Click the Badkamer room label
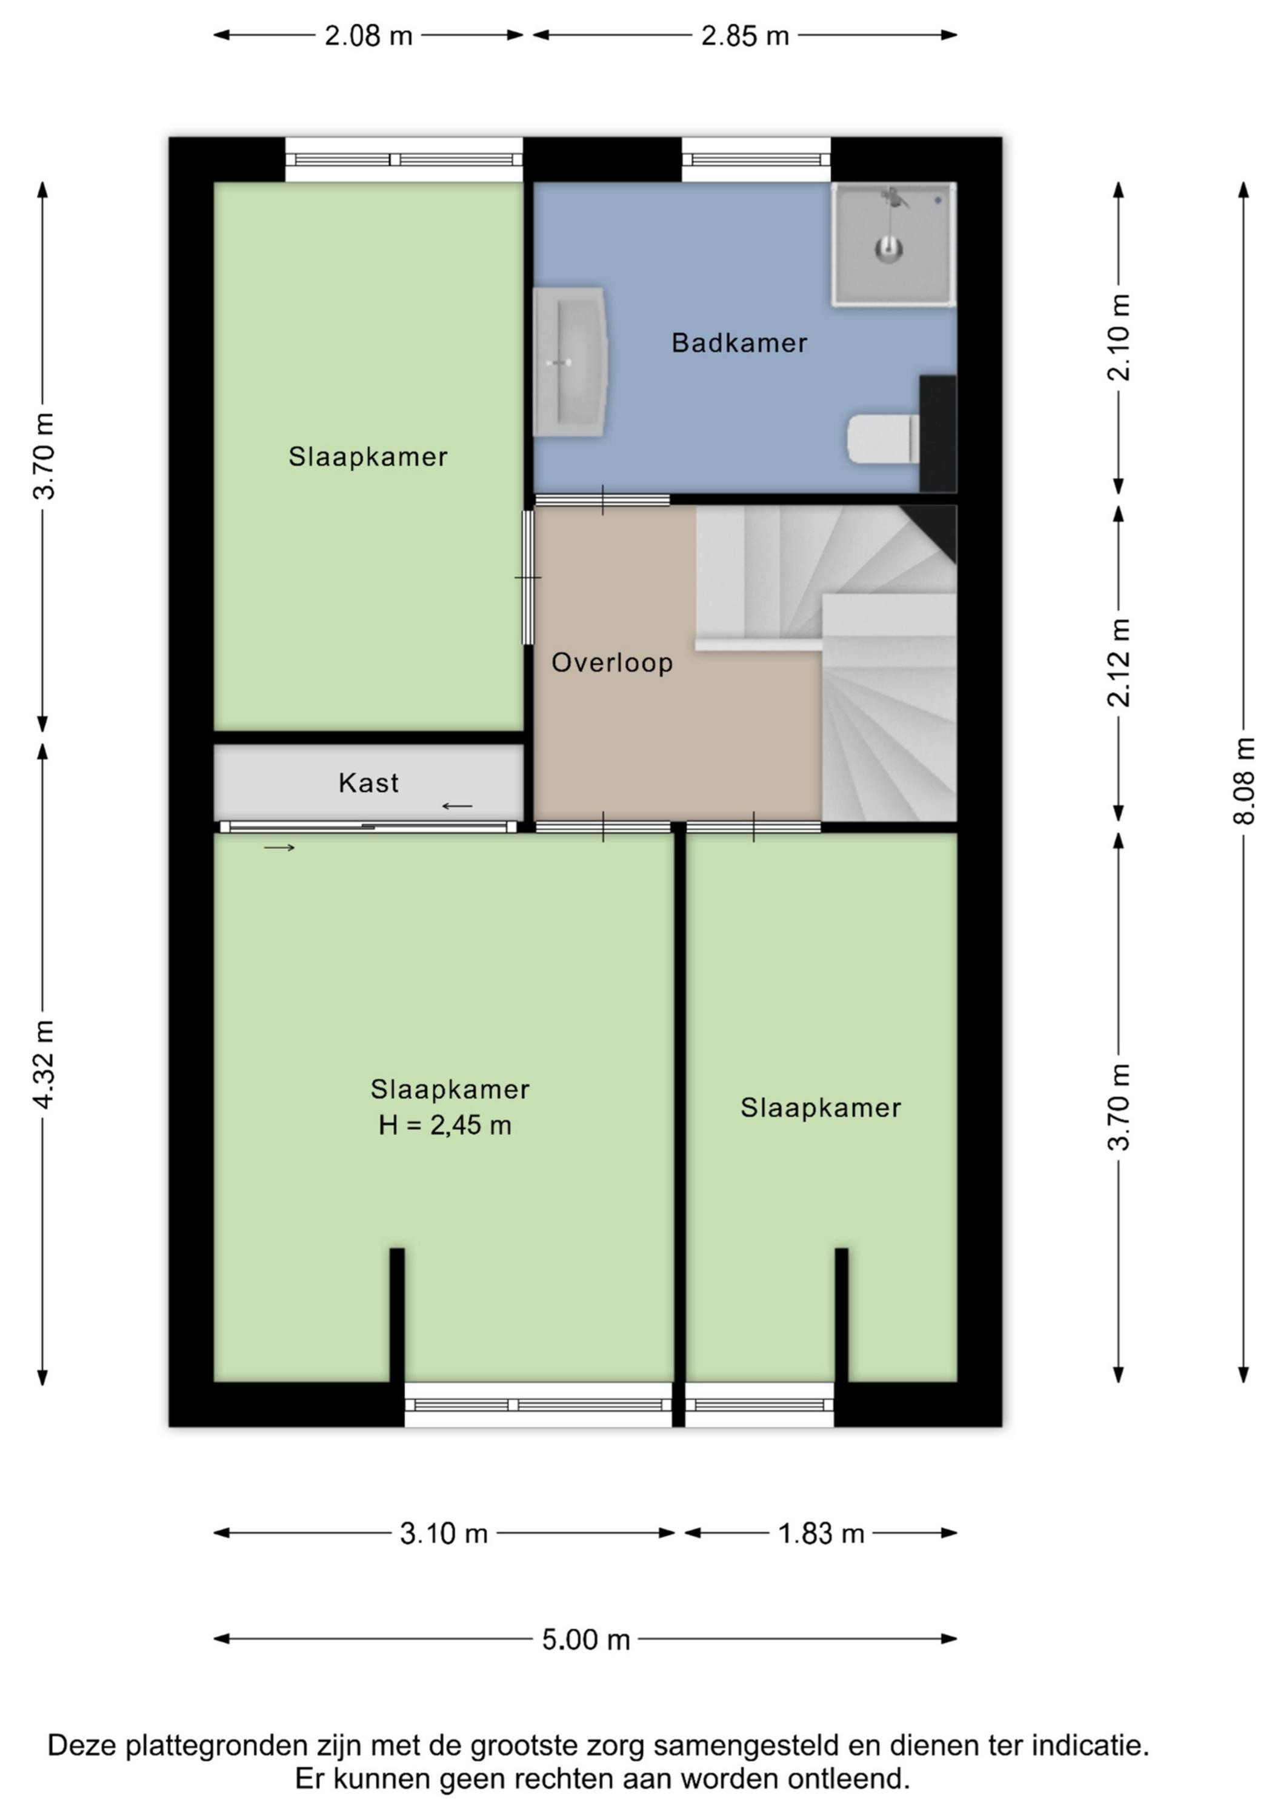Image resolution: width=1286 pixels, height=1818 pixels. point(739,343)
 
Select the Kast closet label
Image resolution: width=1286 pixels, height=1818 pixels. point(368,782)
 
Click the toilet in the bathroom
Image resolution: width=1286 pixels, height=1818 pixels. point(883,439)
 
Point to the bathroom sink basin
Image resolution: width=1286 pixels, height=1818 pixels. point(570,362)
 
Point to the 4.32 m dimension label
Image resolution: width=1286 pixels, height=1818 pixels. point(44,1064)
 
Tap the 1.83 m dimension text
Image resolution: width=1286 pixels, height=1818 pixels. point(821,1534)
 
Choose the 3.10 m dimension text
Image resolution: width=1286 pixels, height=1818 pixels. point(444,1534)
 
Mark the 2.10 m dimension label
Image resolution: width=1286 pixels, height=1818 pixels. point(1119,338)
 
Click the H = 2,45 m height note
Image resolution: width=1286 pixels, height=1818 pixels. point(445,1125)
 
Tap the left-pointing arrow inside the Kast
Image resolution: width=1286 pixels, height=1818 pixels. point(457,806)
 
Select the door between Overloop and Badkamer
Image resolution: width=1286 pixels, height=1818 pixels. point(602,499)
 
